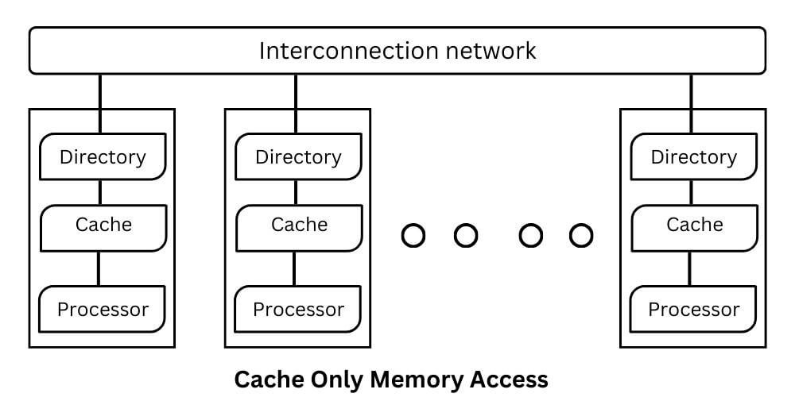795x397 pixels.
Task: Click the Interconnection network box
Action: point(397,51)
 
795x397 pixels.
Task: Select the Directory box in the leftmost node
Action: point(103,156)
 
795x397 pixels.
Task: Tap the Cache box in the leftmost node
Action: point(103,225)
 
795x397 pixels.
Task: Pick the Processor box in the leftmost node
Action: point(103,309)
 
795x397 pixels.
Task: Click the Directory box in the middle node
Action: point(298,156)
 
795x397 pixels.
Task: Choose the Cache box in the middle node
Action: point(298,225)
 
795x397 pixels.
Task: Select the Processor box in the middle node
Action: point(298,309)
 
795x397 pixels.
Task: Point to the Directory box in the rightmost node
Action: point(693,156)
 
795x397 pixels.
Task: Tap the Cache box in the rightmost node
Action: point(693,225)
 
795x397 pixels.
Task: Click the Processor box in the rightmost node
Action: point(693,309)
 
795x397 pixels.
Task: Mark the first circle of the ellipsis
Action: point(413,236)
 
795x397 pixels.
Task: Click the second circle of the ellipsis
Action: point(465,236)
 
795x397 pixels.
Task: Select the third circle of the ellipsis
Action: point(530,236)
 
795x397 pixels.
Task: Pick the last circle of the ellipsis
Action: point(581,236)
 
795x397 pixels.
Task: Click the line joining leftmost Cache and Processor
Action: point(99,268)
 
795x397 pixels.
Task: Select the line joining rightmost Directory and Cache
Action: point(690,193)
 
